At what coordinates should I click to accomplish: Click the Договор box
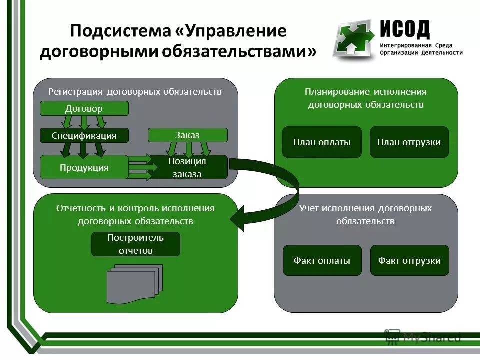coord(84,108)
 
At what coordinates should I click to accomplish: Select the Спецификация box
coord(84,135)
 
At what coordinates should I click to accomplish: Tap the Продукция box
coord(84,167)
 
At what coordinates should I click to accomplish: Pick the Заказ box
coord(187,135)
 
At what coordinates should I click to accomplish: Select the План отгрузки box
coord(409,142)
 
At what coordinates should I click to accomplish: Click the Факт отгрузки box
coord(409,260)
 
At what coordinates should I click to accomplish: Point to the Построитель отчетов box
coord(135,244)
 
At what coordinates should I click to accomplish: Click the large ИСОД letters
coord(404,29)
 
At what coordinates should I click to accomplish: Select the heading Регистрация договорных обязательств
coord(135,92)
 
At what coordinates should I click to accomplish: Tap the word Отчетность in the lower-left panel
coord(79,208)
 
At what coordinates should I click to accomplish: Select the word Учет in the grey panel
coord(309,208)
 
